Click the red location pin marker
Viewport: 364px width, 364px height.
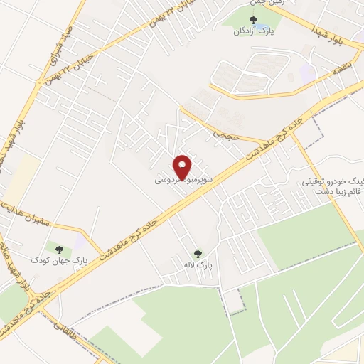click(183, 167)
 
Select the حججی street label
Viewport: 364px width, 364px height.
click(223, 130)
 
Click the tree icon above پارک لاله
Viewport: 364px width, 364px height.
click(198, 252)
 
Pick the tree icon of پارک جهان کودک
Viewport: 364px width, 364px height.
click(59, 249)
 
